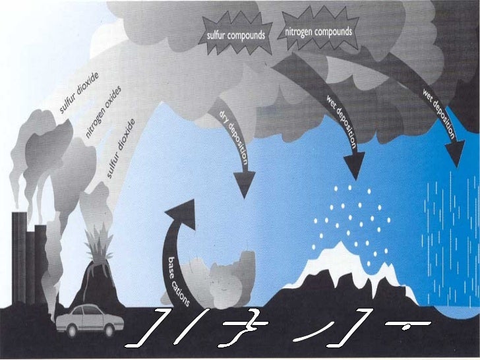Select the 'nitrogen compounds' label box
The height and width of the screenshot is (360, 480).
tap(319, 32)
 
